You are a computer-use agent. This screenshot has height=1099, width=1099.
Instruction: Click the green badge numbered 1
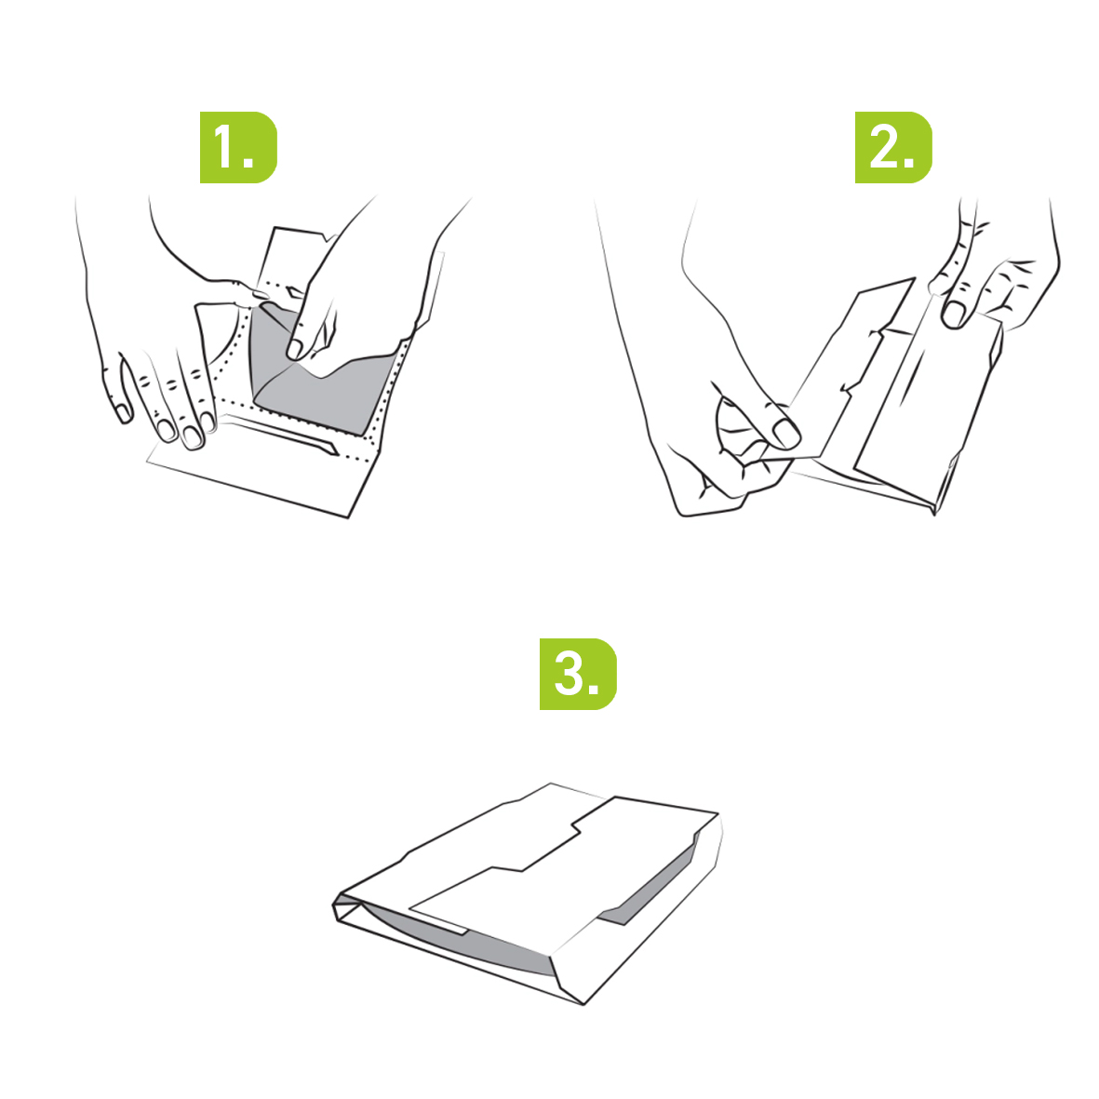click(x=238, y=147)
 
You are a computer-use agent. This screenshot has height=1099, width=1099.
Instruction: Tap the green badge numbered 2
click(x=893, y=147)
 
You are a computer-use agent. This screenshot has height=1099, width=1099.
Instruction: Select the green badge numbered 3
click(x=578, y=674)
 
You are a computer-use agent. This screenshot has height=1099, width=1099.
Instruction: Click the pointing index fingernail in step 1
click(x=294, y=348)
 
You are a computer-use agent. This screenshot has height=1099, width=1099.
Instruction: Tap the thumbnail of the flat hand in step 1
click(x=124, y=413)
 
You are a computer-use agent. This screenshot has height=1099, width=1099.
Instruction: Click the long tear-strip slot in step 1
click(x=280, y=435)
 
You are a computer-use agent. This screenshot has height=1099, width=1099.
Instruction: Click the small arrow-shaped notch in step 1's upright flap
click(x=294, y=292)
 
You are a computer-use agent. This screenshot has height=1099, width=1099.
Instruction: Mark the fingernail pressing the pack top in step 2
click(x=953, y=314)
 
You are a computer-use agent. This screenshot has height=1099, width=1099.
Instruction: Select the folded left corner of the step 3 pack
click(x=347, y=907)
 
